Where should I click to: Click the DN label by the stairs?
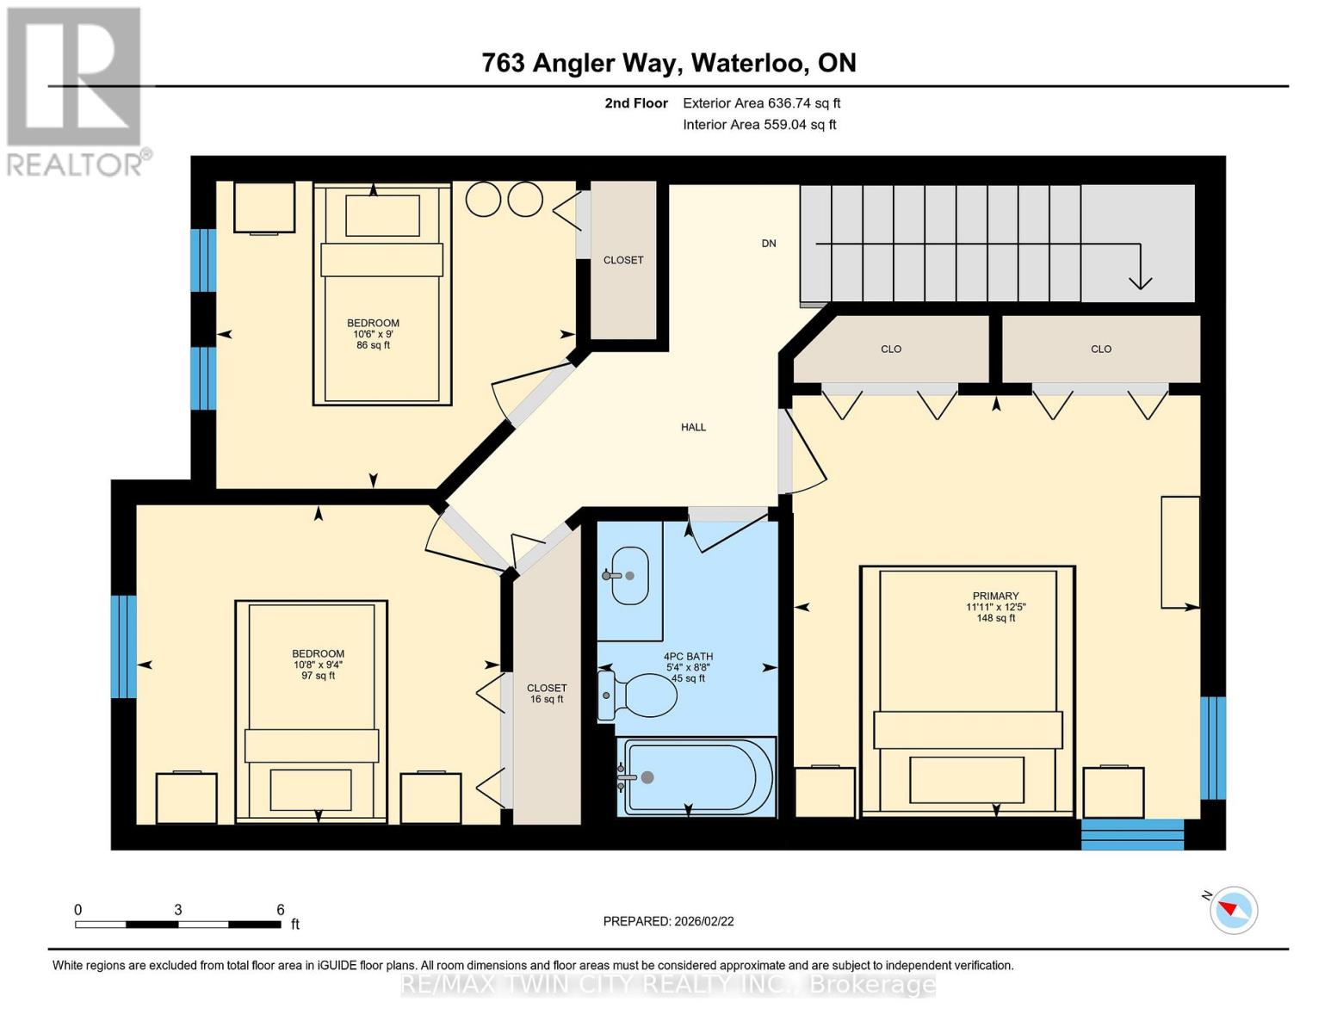769,244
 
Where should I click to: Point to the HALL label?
693,427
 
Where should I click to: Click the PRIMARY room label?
995,596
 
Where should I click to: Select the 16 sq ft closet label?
547,694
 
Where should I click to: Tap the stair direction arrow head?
1140,281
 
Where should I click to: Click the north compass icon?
1233,910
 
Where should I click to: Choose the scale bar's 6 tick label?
281,910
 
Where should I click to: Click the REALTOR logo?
76,90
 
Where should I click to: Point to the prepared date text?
668,921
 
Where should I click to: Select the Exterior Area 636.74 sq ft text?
761,103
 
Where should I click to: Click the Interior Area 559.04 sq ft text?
759,125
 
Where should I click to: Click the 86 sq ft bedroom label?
373,334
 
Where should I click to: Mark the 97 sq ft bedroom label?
318,665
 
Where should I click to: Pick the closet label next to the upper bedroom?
623,260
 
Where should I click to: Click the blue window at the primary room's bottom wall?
1132,834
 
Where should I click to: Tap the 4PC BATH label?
688,667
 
